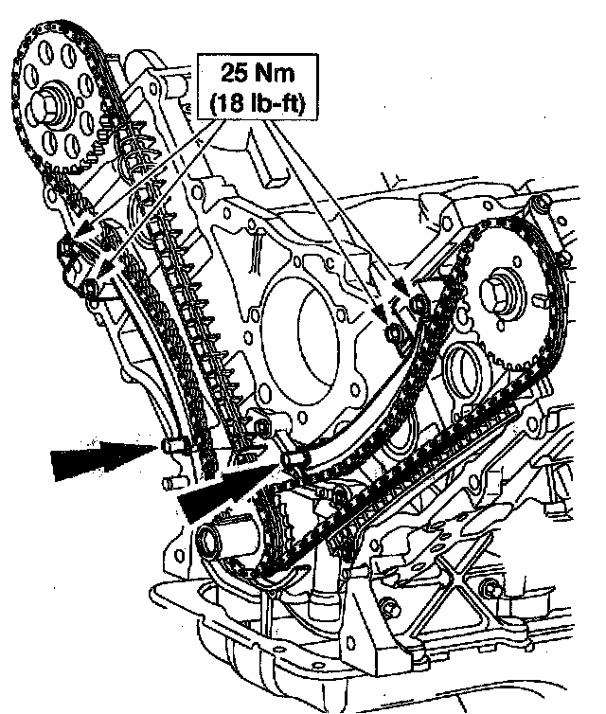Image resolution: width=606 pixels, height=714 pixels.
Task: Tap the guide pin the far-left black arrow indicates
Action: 174,446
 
